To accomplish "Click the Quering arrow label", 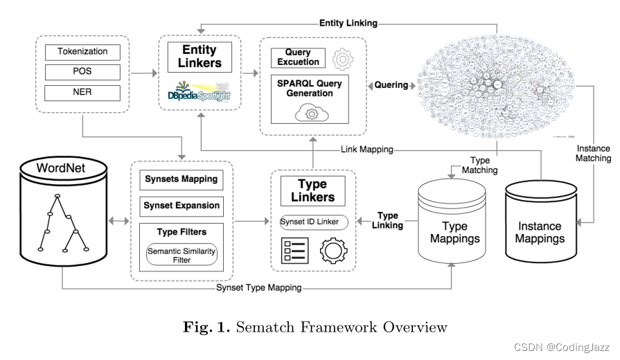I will point(391,86).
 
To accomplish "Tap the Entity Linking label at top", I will point(348,23).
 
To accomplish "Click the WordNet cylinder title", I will point(62,168).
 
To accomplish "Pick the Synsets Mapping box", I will point(181,179).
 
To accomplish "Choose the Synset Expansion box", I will point(181,206).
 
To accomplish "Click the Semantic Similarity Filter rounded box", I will point(181,255).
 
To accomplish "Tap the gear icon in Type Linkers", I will point(332,250).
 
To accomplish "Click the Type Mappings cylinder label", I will point(454,233).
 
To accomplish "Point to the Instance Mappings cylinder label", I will point(540,233).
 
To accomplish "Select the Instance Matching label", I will point(594,153).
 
